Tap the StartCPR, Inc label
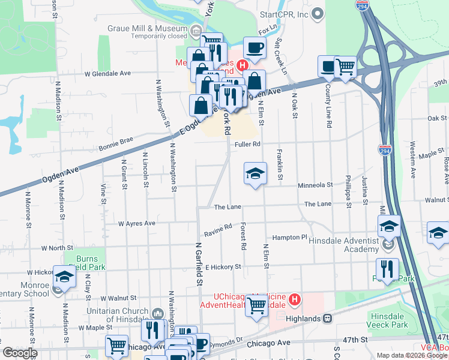[283, 14]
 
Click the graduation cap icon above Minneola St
[255, 173]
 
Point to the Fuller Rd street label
[247, 144]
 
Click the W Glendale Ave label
[107, 74]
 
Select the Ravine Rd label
[217, 230]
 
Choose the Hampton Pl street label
[289, 238]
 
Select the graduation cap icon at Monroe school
[65, 277]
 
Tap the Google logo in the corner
[19, 353]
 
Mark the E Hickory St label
[223, 266]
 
